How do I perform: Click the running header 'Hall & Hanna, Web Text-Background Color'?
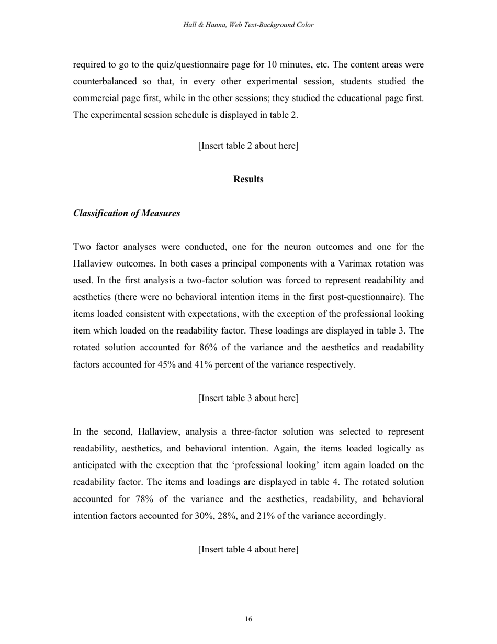248,25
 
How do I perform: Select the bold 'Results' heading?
248,179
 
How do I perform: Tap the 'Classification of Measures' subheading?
127,213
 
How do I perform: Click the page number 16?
248,619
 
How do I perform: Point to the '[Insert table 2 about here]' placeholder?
248,146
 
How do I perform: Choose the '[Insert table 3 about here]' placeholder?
248,398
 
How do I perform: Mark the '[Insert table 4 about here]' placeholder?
248,549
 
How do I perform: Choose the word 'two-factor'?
193,280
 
